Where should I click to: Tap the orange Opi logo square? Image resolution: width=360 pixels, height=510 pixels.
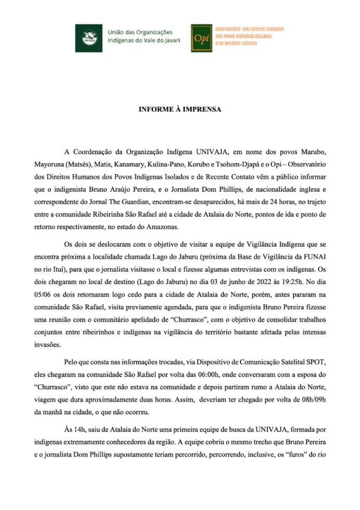pyautogui.click(x=201, y=37)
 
